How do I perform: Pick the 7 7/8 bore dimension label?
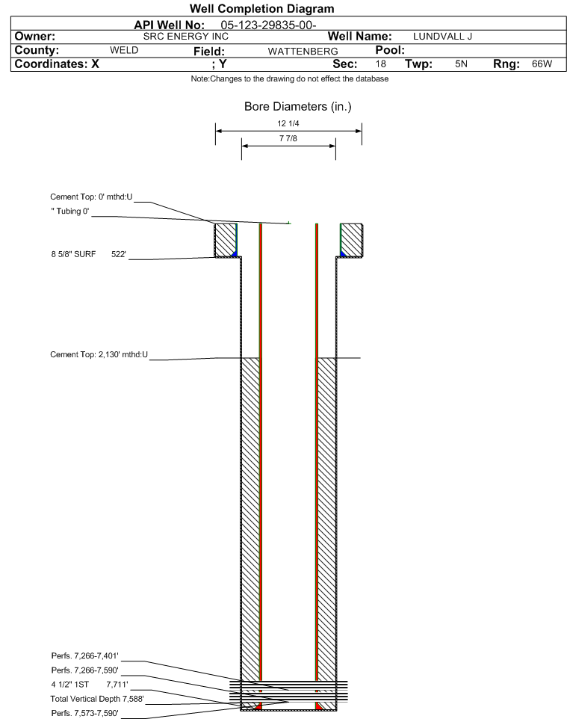[288, 138]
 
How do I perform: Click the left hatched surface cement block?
[225, 240]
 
